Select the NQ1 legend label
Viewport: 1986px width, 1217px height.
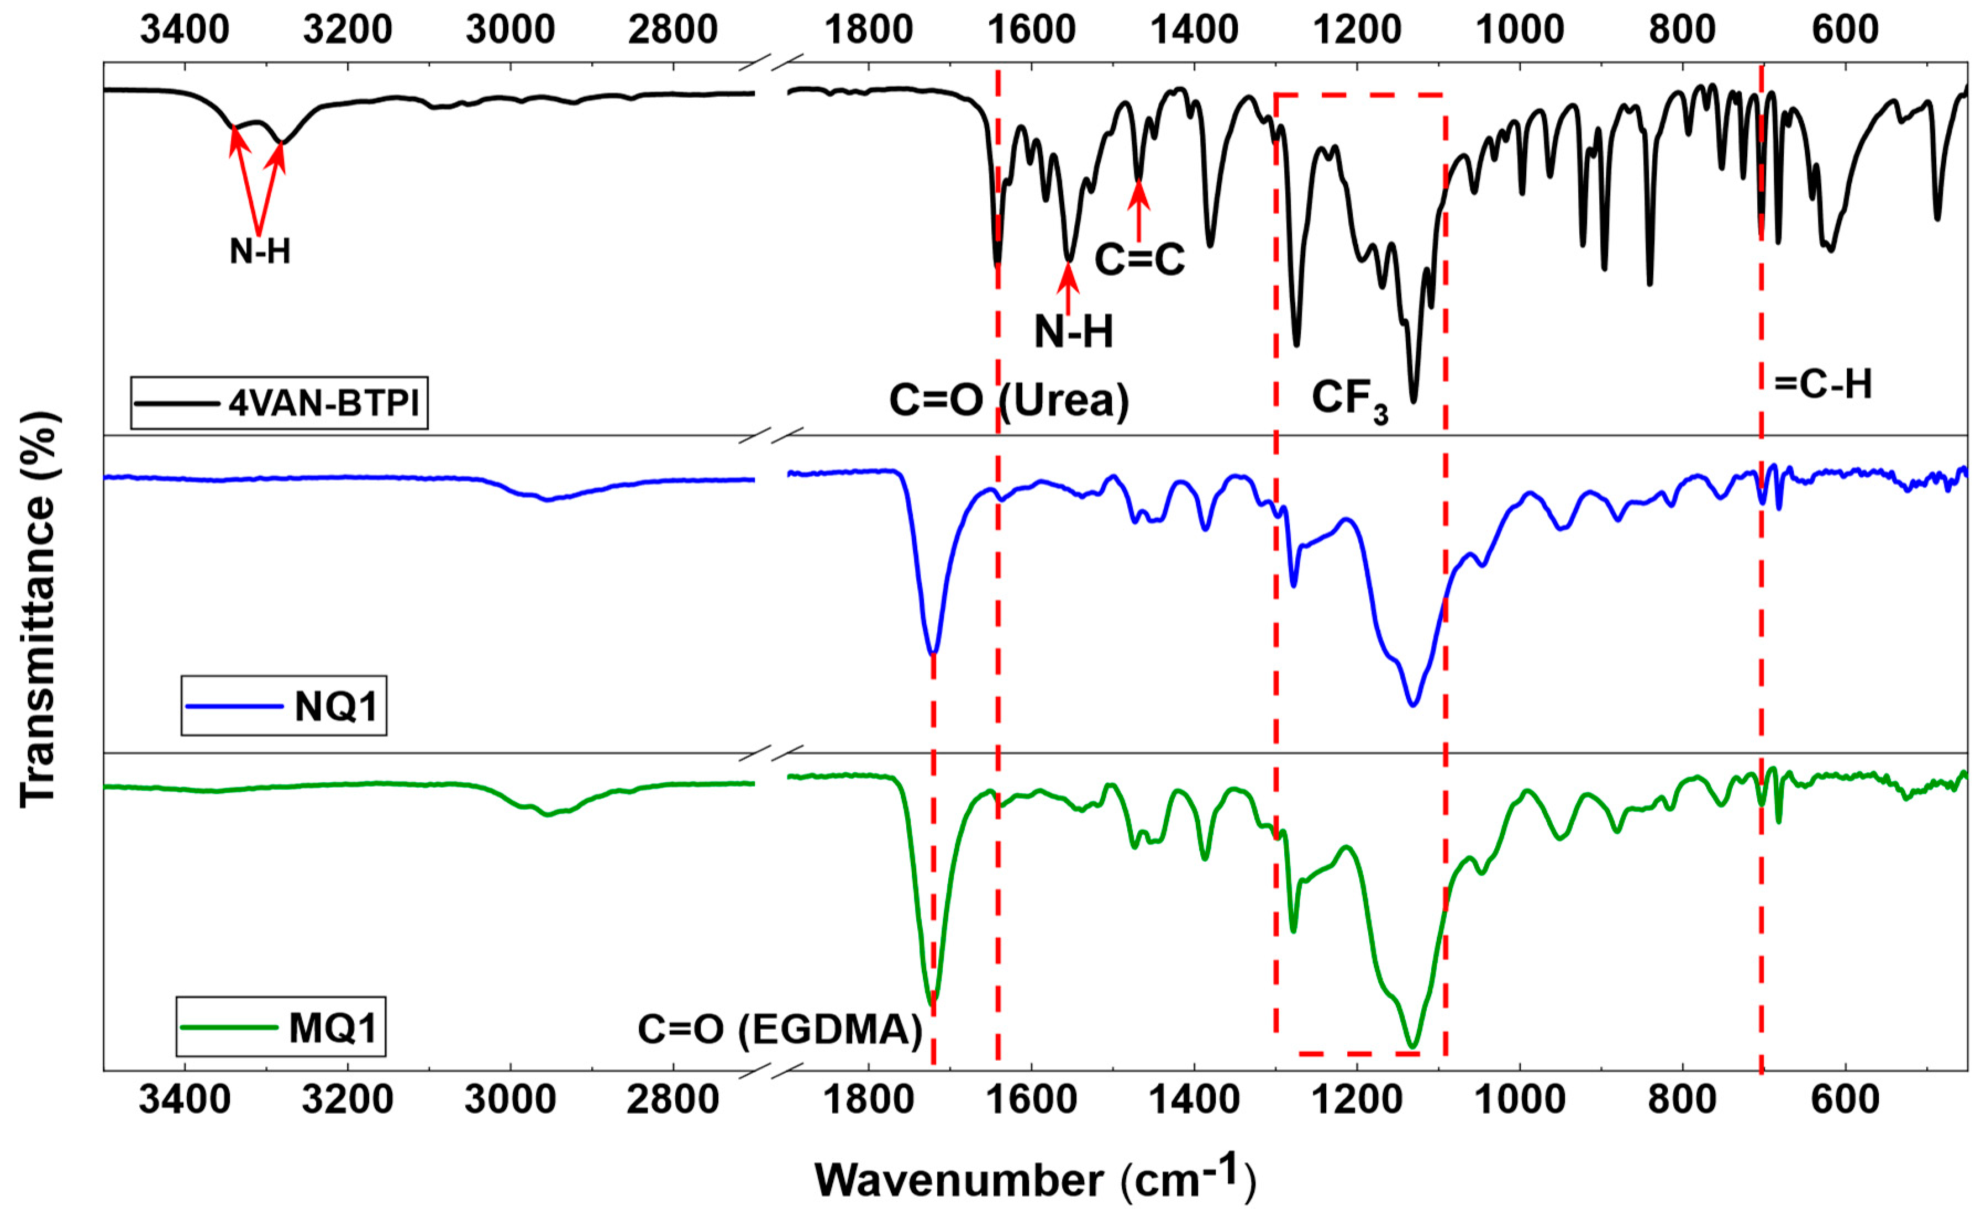tap(336, 707)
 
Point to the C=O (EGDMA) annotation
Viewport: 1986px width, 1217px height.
tap(779, 1029)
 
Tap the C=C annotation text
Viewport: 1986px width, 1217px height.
tap(1139, 260)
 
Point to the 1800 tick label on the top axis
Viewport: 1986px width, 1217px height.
tap(868, 30)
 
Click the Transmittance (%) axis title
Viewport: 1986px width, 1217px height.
tap(38, 609)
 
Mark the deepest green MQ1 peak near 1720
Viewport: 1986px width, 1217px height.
tap(933, 999)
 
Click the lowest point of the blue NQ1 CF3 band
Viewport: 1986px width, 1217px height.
tap(1412, 705)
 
